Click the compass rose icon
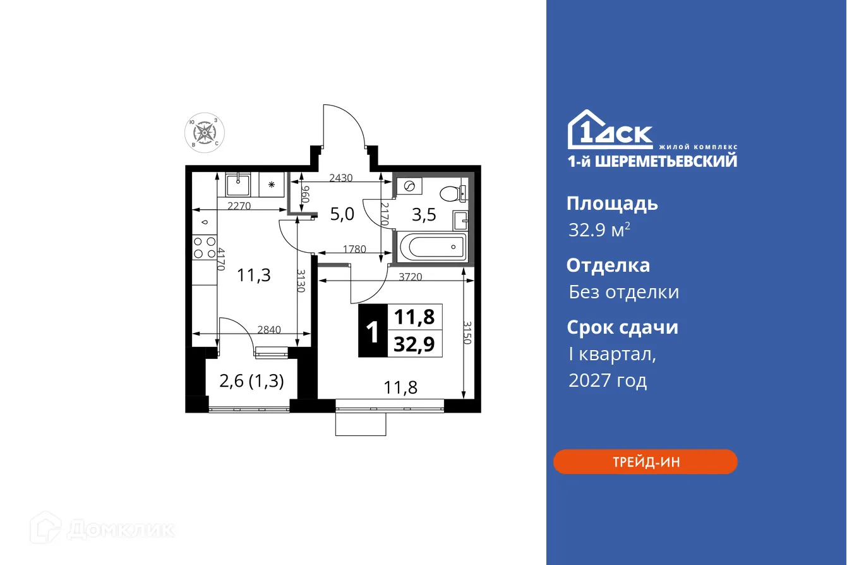tap(205, 133)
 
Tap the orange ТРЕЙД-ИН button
tap(645, 462)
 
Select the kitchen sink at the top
tap(238, 185)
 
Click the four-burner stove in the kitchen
tap(203, 247)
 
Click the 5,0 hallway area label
tap(342, 214)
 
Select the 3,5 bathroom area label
tap(424, 215)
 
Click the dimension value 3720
tap(411, 276)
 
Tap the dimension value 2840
tap(269, 329)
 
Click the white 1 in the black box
tap(372, 332)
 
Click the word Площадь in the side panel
tap(612, 204)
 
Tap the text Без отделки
tap(623, 292)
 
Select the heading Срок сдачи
tap(622, 327)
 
